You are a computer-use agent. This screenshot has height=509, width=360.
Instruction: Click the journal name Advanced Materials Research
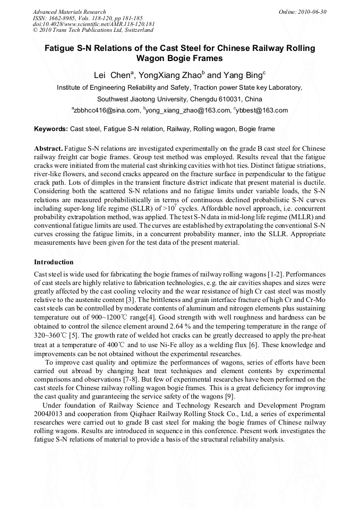pos(69,12)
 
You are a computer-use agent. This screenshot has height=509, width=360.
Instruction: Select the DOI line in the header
pos(93,24)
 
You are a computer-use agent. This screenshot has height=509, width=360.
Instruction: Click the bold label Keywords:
pos(51,129)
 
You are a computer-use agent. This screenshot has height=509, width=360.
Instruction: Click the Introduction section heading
pos(54,262)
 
